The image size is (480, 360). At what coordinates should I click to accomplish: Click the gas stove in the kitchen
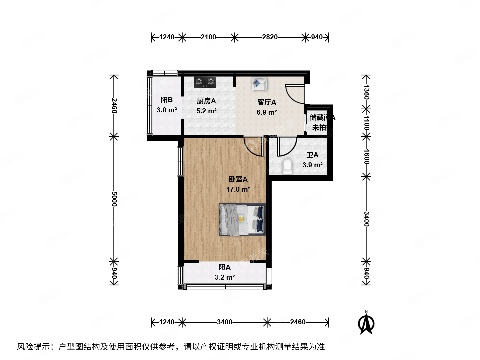tap(205, 82)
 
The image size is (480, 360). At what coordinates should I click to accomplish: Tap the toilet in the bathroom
tap(287, 166)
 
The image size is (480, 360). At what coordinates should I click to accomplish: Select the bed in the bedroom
tap(242, 220)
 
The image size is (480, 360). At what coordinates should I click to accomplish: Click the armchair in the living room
tap(259, 84)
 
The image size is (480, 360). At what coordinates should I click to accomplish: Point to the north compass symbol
tap(366, 323)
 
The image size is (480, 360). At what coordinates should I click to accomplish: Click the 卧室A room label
tap(238, 179)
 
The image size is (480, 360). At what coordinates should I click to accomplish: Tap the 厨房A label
tap(206, 101)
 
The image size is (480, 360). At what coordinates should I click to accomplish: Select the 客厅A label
tap(267, 102)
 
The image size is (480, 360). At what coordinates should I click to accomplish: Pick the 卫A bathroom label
tap(312, 155)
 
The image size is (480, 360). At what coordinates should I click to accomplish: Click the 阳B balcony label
tap(167, 100)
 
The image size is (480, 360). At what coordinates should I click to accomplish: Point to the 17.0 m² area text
tap(238, 189)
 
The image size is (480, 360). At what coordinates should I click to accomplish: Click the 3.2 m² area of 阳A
tap(225, 277)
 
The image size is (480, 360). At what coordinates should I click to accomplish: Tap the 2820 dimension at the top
tap(270, 37)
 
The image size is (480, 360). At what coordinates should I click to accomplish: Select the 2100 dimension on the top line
tap(208, 37)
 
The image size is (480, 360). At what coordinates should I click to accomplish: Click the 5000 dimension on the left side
tap(114, 199)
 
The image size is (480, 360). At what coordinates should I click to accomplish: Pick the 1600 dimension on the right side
tap(366, 156)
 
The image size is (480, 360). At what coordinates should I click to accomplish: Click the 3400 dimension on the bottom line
tap(225, 322)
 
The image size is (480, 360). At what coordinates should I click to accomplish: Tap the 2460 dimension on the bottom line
tap(298, 322)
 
